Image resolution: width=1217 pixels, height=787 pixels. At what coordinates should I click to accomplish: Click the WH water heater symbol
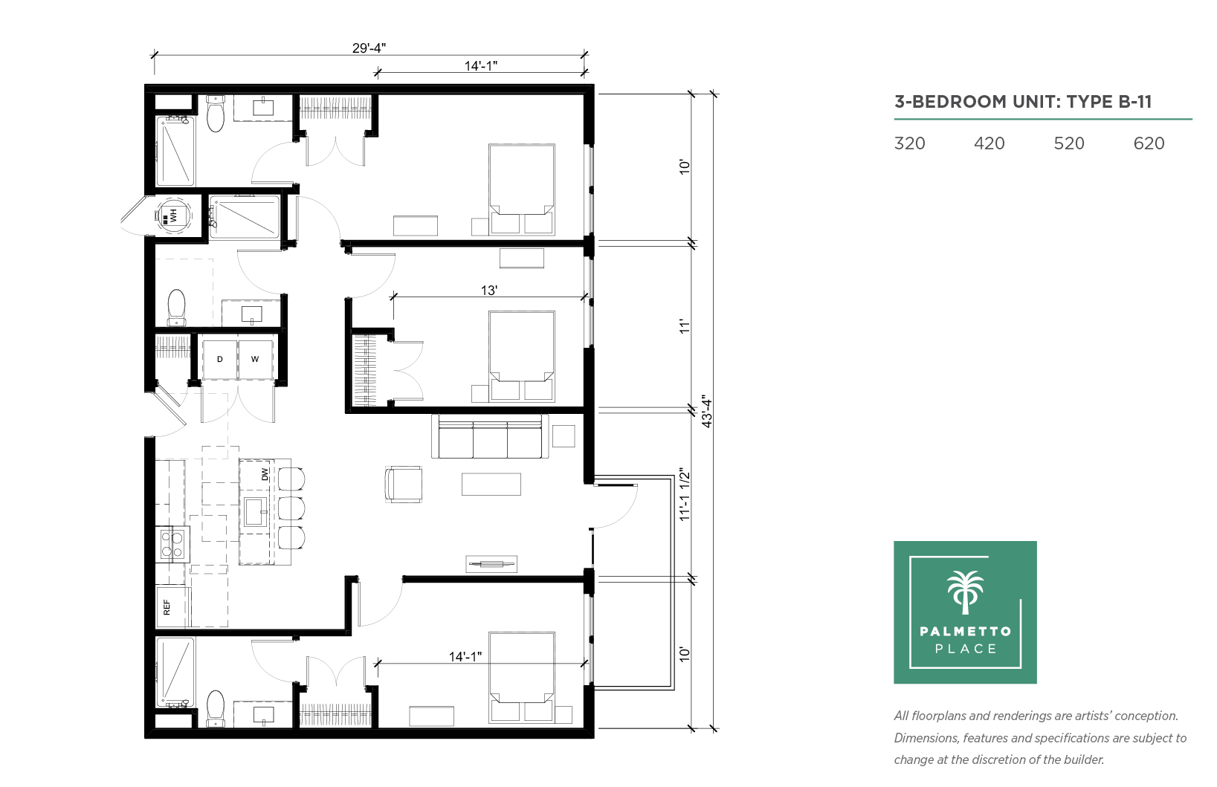(173, 216)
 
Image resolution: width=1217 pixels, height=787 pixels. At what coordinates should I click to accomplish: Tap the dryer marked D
(219, 360)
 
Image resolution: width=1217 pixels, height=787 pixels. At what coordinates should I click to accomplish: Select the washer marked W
(255, 360)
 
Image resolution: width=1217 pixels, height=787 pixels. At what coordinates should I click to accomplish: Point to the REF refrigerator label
(167, 607)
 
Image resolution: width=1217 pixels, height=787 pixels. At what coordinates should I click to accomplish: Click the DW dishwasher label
(265, 474)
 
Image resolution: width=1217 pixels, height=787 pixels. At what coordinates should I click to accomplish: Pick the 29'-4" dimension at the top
(369, 48)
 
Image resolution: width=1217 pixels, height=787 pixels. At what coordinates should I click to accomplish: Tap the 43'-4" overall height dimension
(706, 411)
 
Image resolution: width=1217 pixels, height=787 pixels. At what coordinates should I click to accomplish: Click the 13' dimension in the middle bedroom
(489, 291)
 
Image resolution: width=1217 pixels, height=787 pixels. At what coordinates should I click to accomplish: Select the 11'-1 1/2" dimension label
(685, 495)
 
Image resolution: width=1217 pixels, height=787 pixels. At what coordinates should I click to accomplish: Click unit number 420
(990, 143)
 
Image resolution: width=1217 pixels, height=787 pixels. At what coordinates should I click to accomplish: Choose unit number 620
(1149, 143)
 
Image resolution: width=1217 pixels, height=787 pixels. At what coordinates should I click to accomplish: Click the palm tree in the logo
(966, 592)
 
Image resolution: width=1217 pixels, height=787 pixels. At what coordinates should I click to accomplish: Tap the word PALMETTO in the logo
(966, 632)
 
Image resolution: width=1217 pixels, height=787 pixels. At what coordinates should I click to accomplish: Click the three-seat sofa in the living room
(490, 437)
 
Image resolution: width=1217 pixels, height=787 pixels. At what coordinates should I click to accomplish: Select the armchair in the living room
(404, 484)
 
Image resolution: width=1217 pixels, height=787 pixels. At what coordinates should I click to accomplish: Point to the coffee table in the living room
(491, 484)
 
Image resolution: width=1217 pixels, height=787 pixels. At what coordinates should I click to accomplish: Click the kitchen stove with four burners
(172, 544)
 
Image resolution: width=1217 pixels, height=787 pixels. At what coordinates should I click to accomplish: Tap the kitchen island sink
(255, 511)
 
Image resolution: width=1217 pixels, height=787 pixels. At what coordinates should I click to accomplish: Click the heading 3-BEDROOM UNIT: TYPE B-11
(1023, 102)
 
